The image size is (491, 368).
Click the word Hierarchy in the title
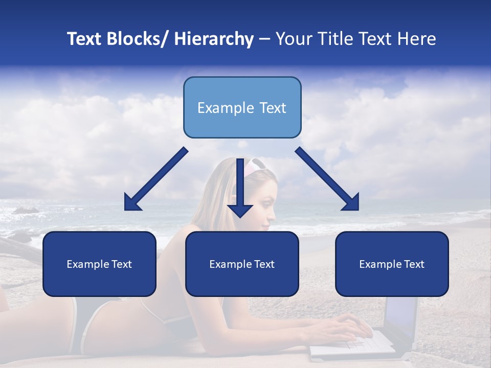point(214,39)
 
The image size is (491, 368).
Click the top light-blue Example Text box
point(242,107)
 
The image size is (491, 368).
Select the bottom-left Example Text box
point(99,264)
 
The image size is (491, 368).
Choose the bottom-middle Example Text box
point(242,264)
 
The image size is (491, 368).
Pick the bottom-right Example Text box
point(392,264)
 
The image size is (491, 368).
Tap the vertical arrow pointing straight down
point(240,187)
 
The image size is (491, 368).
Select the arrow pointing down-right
point(327,179)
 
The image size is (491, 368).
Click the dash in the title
point(264,39)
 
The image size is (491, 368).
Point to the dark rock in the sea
point(26,210)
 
